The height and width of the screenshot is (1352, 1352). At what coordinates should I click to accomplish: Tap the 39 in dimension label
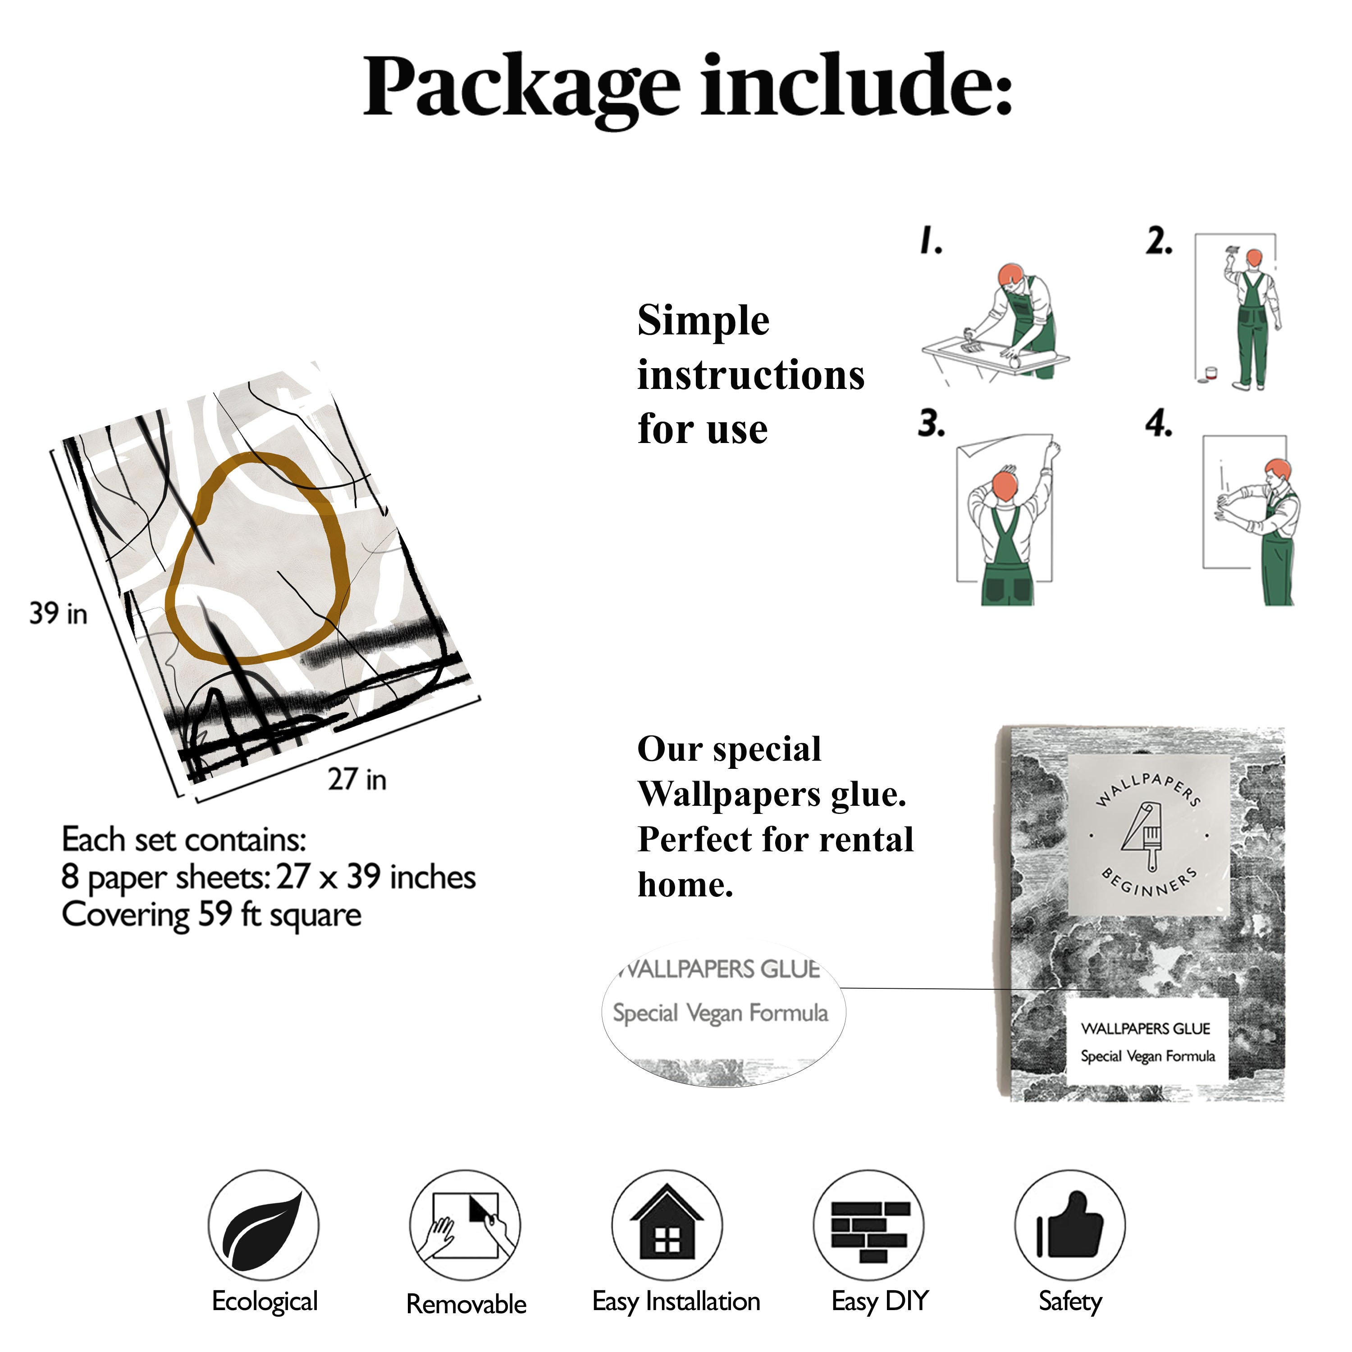tap(58, 614)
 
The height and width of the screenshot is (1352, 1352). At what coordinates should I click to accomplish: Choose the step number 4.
tap(1158, 424)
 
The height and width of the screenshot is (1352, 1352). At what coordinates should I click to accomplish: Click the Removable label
tap(466, 1304)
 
